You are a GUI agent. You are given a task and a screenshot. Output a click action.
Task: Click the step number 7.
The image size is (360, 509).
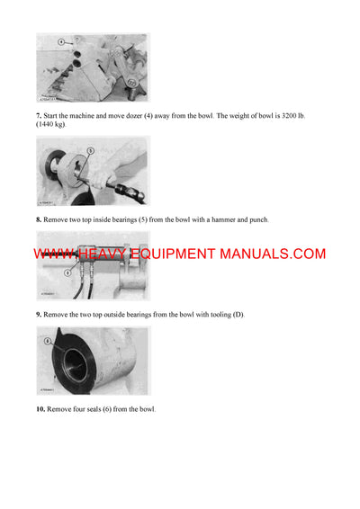(x=39, y=117)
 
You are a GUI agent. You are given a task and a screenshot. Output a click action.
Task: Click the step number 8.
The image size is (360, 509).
(x=39, y=219)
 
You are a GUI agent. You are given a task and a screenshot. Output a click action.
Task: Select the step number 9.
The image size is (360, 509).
(x=39, y=314)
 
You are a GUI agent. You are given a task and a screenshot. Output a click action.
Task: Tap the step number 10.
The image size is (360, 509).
(x=40, y=409)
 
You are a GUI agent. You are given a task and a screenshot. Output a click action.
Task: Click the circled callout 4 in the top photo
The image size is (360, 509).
(x=61, y=41)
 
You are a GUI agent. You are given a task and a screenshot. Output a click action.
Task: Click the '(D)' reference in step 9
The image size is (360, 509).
(x=238, y=314)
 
